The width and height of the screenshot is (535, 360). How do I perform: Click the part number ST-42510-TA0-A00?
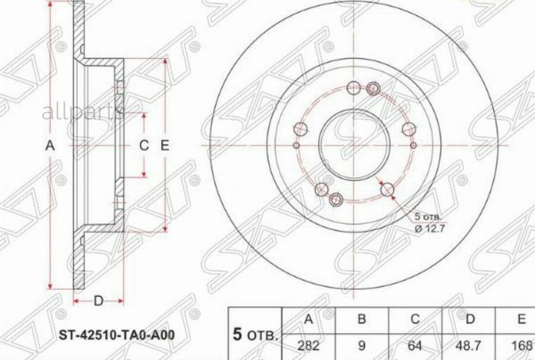(116, 334)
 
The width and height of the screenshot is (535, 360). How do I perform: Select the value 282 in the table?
(308, 345)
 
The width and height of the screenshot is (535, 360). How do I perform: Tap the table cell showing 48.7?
(470, 345)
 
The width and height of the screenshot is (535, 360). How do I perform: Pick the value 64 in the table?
(416, 345)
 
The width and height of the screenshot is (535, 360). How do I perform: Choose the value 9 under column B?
(361, 345)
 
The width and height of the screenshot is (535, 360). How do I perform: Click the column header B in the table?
(361, 320)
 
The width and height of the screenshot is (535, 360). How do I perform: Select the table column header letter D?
(470, 320)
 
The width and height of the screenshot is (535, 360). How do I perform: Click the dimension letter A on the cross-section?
(51, 145)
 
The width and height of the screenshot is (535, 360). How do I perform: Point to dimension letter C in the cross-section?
(144, 145)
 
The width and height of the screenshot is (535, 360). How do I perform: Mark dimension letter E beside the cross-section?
(165, 145)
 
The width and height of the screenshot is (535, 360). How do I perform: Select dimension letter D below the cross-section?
(99, 301)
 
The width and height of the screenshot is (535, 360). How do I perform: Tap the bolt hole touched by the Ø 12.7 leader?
(388, 190)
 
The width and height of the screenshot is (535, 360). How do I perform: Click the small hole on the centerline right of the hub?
(413, 144)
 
